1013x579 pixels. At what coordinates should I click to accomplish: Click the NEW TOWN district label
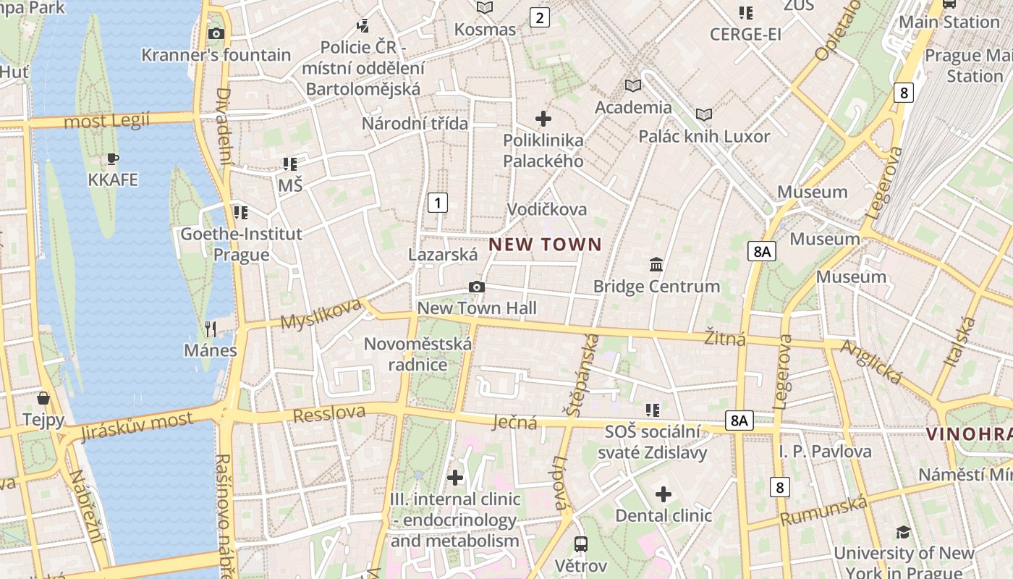545,245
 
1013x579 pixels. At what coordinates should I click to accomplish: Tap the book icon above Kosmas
485,7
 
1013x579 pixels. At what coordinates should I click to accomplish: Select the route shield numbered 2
539,17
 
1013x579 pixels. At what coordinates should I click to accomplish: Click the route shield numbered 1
438,202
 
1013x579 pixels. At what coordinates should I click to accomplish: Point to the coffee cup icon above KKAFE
112,159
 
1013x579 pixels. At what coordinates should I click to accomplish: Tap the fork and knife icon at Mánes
211,329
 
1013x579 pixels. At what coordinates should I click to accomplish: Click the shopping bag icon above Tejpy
43,398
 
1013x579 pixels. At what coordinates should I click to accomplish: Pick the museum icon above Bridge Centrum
656,264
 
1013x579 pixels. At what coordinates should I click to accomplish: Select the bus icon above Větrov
580,543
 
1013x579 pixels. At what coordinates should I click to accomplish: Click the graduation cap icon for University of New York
903,532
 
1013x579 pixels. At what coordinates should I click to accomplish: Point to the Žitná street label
725,337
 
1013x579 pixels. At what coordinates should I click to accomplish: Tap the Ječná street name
516,422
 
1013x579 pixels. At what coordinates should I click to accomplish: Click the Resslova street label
329,413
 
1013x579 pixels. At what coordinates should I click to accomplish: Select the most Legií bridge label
107,120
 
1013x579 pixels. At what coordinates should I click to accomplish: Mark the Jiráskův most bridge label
137,426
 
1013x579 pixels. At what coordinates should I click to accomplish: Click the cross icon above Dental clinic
664,494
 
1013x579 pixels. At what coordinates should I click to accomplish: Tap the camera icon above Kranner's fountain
216,33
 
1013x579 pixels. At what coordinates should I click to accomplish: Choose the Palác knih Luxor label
704,136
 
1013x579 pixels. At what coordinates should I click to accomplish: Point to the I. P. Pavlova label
825,452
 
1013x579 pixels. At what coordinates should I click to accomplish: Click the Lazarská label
443,255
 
